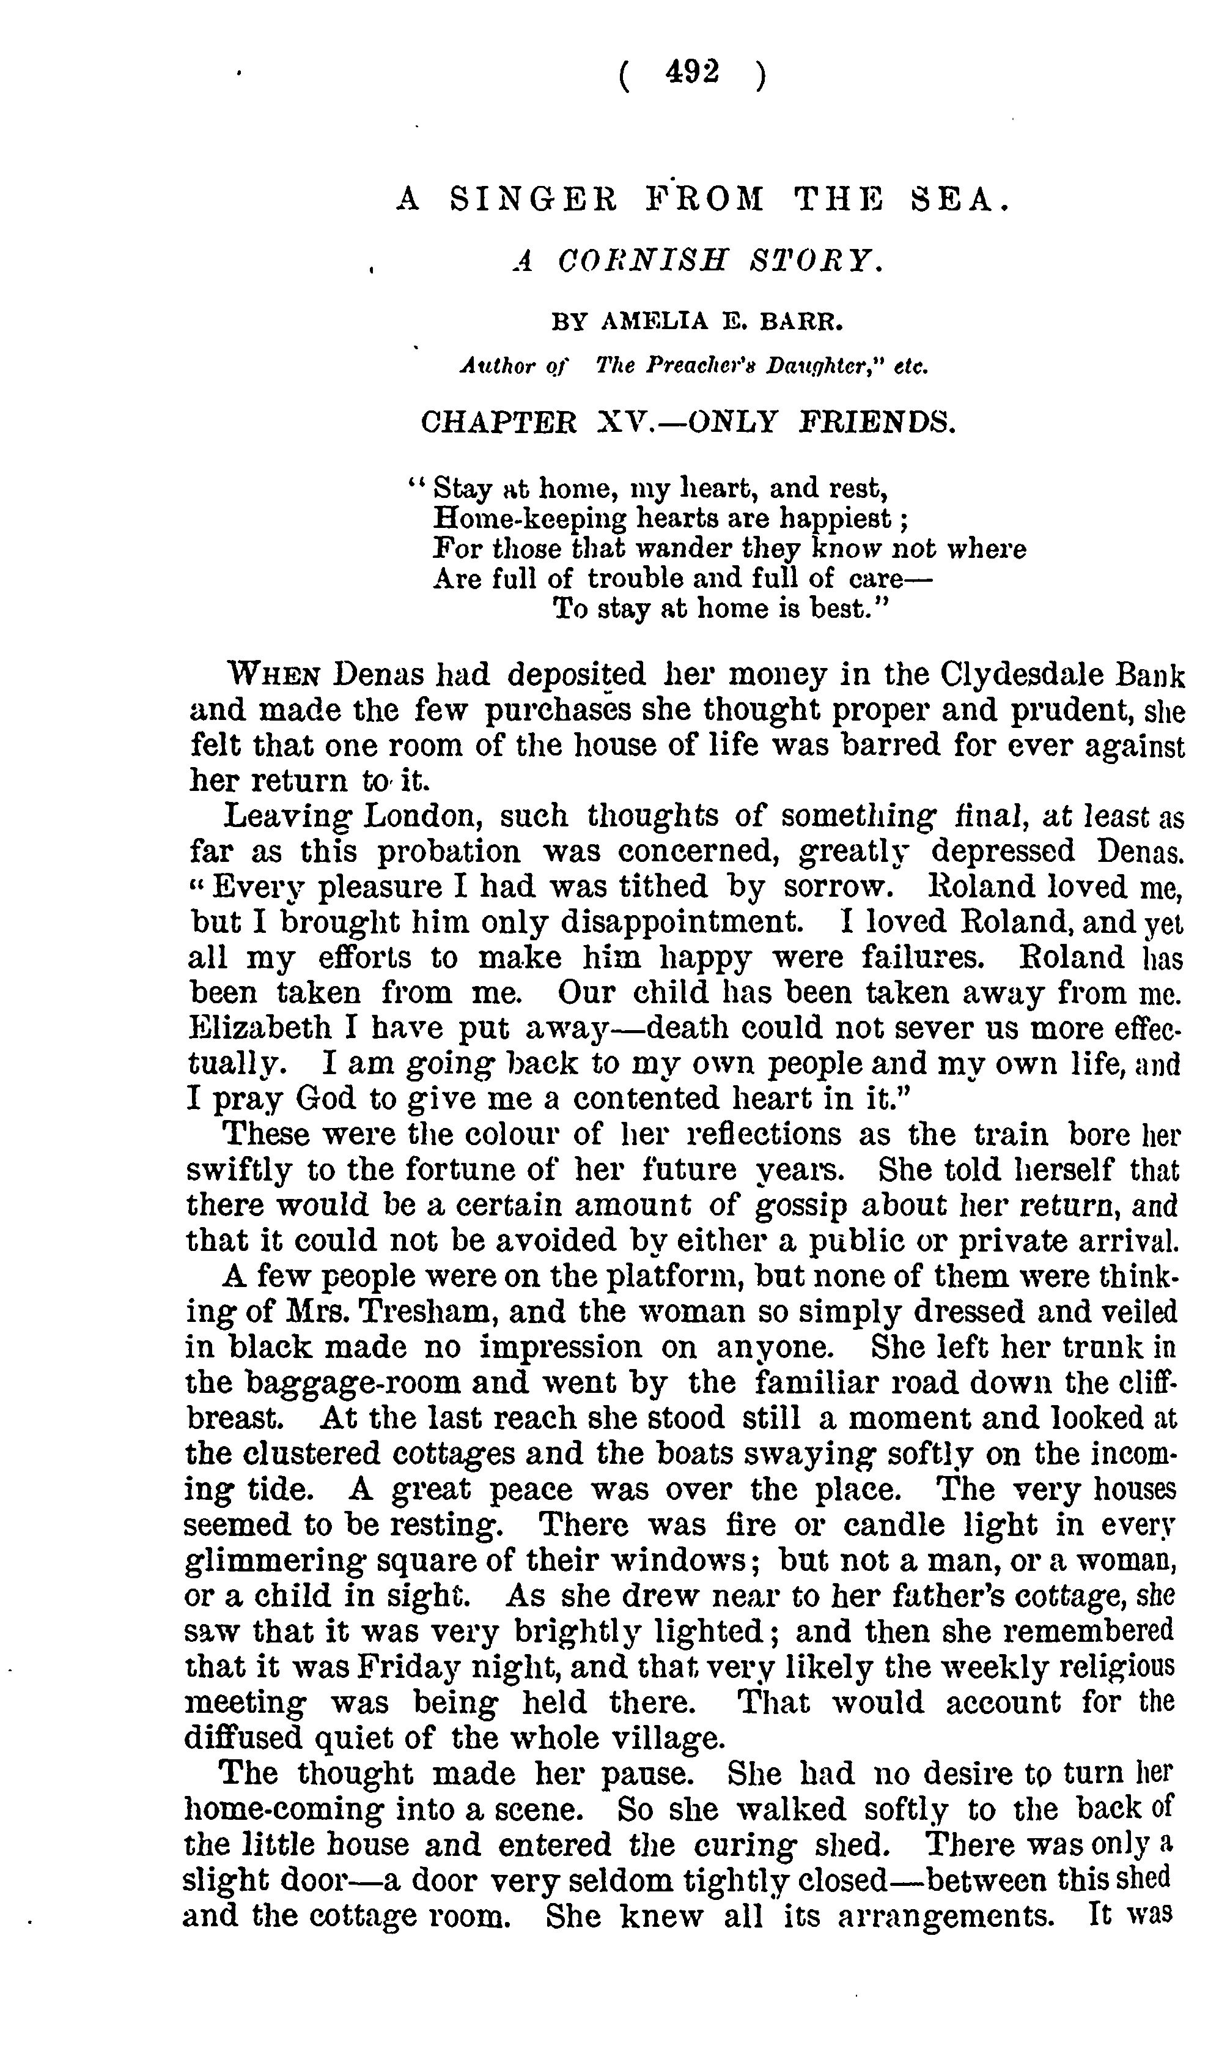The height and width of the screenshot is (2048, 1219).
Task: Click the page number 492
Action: (x=693, y=73)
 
